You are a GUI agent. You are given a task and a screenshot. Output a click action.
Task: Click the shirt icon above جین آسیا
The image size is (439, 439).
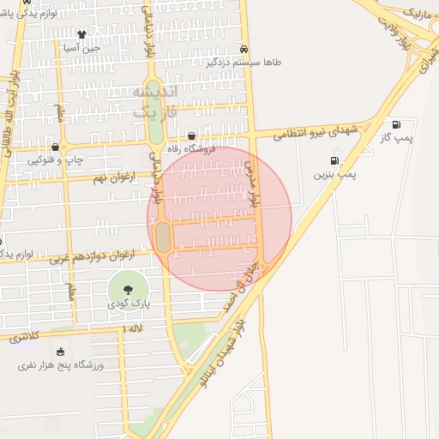81,35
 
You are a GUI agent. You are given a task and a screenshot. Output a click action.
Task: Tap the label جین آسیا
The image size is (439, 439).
82,48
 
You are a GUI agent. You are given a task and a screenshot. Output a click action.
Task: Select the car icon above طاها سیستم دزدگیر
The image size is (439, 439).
245,49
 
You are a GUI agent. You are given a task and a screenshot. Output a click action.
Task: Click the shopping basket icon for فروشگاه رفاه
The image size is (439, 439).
190,135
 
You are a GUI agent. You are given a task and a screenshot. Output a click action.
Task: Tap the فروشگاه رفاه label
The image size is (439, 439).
190,148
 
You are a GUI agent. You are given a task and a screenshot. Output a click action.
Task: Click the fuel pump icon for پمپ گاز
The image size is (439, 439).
396,124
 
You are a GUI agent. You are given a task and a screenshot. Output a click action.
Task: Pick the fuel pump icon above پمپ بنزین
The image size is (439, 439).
334,160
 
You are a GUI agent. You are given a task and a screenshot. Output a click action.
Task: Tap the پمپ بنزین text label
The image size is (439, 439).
334,174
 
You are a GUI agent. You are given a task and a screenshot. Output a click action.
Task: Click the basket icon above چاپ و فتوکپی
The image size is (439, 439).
55,147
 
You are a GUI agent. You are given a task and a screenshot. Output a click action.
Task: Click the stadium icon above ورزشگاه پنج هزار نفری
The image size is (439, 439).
60,352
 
